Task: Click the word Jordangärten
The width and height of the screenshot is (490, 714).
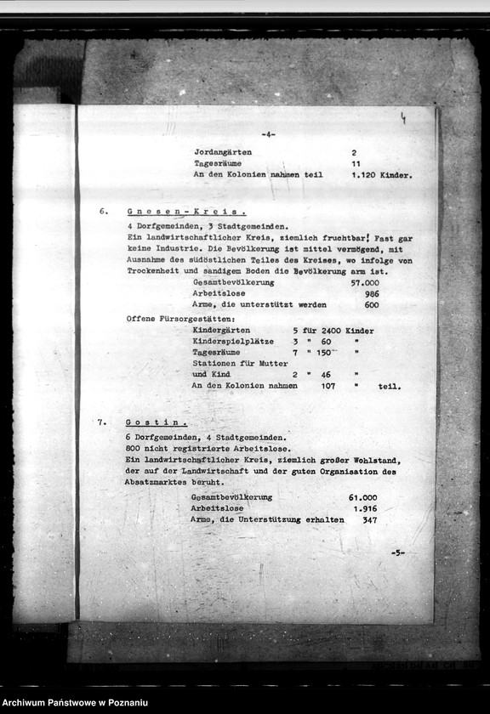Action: pyautogui.click(x=223, y=152)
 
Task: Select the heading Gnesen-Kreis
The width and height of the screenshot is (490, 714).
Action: pyautogui.click(x=186, y=211)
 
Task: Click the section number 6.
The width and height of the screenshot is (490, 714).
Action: pyautogui.click(x=103, y=211)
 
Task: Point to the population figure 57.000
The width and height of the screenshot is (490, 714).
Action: pyautogui.click(x=365, y=282)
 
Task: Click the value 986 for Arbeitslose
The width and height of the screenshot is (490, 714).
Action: pyautogui.click(x=371, y=293)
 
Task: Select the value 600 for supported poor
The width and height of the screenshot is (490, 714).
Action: pyautogui.click(x=372, y=304)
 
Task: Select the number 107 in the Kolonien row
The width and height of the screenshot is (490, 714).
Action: pyautogui.click(x=328, y=385)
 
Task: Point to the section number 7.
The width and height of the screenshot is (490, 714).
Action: pyautogui.click(x=102, y=422)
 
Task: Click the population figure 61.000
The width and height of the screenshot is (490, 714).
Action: pyautogui.click(x=362, y=497)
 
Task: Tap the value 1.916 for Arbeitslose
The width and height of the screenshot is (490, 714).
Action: pyautogui.click(x=364, y=508)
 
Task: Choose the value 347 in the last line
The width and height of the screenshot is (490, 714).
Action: pyautogui.click(x=369, y=519)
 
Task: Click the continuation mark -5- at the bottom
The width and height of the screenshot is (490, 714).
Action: pyautogui.click(x=397, y=552)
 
